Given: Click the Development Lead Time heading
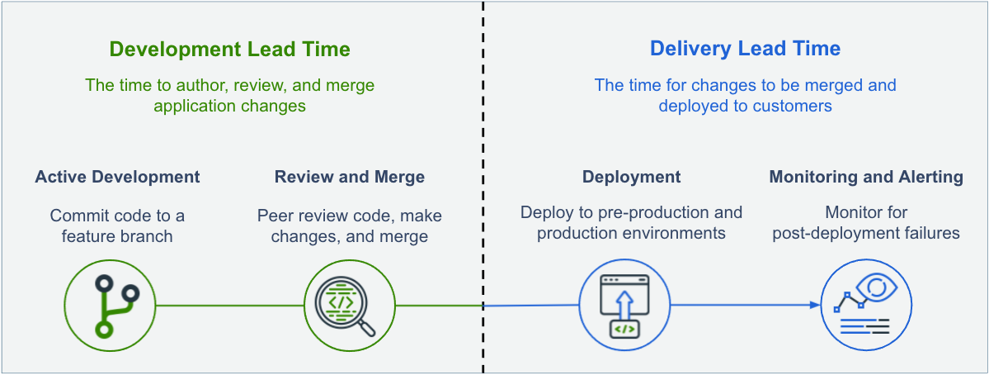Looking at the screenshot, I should [229, 50].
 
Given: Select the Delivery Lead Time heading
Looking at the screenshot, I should [745, 49].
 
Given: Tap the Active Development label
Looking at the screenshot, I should [117, 177].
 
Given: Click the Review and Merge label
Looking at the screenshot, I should [350, 177].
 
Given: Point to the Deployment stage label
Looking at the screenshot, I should [631, 177].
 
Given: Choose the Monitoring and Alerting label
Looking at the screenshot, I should [866, 177].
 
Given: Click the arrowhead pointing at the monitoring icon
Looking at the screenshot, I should [815, 305].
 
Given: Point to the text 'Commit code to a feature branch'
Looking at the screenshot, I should [117, 225].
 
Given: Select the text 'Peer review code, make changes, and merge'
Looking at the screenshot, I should [350, 225].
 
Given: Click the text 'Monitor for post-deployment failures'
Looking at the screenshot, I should [866, 223].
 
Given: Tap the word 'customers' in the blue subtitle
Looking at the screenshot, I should [797, 107].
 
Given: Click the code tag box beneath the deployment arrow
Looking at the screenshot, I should [624, 330].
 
